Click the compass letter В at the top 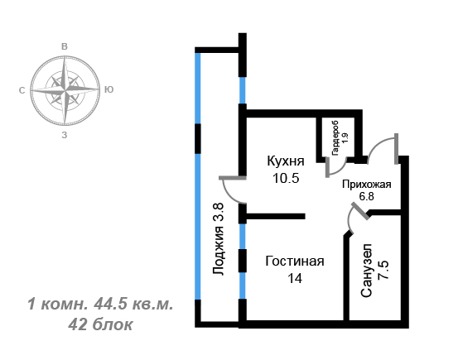(65, 46)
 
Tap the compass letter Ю (109, 89)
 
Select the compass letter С (22, 90)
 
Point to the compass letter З (65, 135)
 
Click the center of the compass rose (65, 90)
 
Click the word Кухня (286, 161)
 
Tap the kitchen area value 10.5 (286, 178)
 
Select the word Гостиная (295, 262)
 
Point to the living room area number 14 (295, 278)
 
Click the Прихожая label (367, 185)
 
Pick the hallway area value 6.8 (366, 196)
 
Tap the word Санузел (366, 271)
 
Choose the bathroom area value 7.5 (384, 270)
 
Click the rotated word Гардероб (335, 138)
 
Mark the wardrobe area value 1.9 (345, 138)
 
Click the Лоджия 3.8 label (219, 239)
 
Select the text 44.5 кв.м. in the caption (133, 305)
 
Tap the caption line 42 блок (100, 324)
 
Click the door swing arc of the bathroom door (350, 219)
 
